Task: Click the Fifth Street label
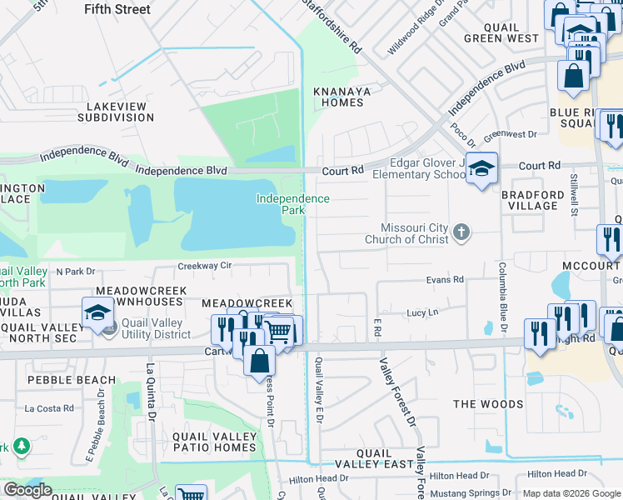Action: pos(117,9)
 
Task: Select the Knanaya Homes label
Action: pos(337,97)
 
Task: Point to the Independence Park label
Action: pos(292,204)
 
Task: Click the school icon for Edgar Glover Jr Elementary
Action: pos(481,169)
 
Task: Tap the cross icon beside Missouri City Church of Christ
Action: pos(461,233)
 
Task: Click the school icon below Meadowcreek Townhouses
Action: pos(97,314)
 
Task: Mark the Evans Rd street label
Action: pos(444,281)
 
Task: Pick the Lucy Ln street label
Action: pos(422,312)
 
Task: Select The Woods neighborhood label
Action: pos(487,404)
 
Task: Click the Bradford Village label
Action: pos(534,200)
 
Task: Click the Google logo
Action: pos(27,490)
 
